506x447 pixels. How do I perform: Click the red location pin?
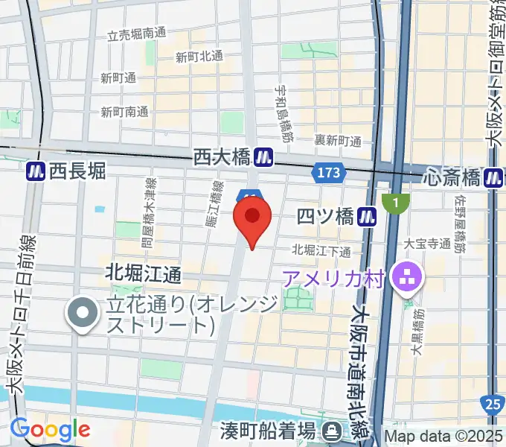coord(252,218)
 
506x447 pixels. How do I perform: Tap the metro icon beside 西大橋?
coord(262,157)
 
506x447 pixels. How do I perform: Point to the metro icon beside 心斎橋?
coord(493,177)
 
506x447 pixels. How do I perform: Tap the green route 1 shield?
coord(396,201)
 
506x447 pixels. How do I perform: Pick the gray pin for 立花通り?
coord(82,314)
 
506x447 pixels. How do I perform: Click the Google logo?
coord(51,429)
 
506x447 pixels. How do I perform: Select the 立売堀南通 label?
coord(136,34)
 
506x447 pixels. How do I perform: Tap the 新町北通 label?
coord(199,56)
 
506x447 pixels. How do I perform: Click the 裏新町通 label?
coord(337,140)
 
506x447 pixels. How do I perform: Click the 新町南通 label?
coord(124,112)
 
